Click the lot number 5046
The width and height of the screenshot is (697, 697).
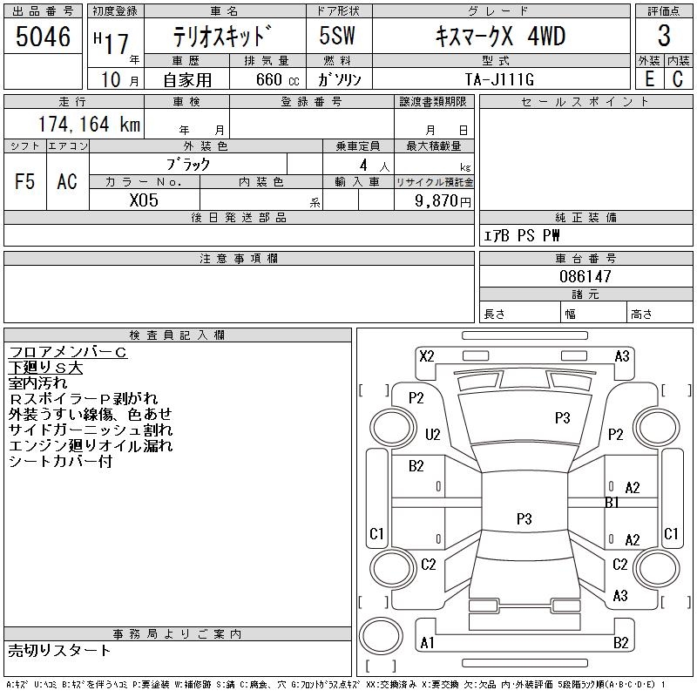(44, 37)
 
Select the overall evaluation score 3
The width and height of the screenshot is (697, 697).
(664, 37)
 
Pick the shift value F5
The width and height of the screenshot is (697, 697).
(24, 181)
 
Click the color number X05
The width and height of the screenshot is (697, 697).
(144, 200)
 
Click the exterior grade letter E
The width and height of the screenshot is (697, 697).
(649, 79)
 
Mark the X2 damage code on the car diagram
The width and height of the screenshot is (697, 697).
(427, 355)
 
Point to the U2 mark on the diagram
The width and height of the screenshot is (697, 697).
(432, 434)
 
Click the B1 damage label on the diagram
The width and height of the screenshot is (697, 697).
(612, 503)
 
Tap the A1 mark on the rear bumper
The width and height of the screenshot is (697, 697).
(427, 643)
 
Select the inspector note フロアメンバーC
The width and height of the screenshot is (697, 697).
(68, 352)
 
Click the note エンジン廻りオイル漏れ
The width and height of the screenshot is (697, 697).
(90, 446)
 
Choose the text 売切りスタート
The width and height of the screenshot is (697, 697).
(59, 650)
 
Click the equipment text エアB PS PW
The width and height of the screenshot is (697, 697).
(522, 236)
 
